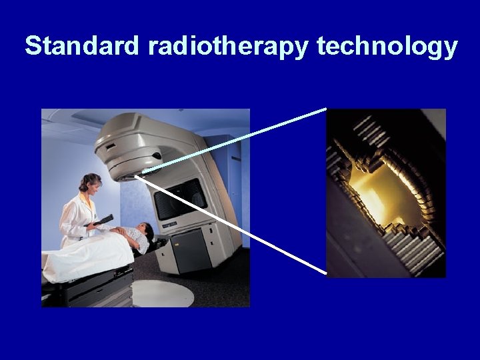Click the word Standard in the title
point(82,46)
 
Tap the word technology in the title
point(387,47)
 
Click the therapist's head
point(90,183)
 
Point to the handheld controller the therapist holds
point(103,219)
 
